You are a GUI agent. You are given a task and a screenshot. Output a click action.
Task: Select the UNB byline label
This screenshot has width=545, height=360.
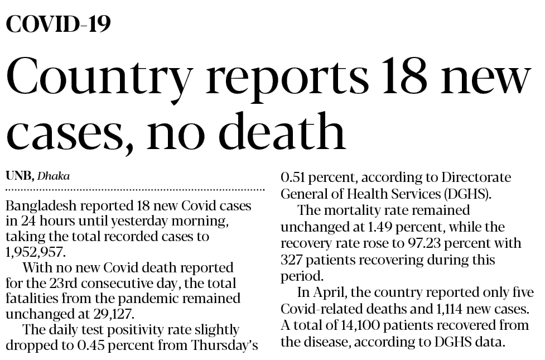tap(20, 176)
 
